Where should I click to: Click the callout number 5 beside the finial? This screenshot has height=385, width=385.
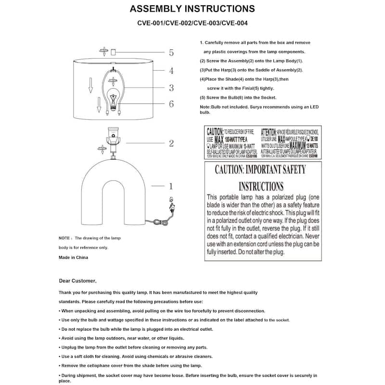tap(171, 53)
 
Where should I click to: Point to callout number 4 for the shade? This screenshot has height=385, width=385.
tap(171, 71)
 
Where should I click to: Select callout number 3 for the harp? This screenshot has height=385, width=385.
tap(171, 88)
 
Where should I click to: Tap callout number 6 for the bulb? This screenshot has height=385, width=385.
tap(171, 104)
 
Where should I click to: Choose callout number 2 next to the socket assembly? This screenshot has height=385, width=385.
tap(171, 143)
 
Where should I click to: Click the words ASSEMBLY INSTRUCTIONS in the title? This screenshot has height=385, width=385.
tap(192, 9)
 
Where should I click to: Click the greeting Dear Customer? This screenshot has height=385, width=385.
tap(77, 280)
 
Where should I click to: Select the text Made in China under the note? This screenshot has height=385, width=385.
tap(73, 257)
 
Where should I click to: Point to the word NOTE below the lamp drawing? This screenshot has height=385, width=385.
tap(64, 238)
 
